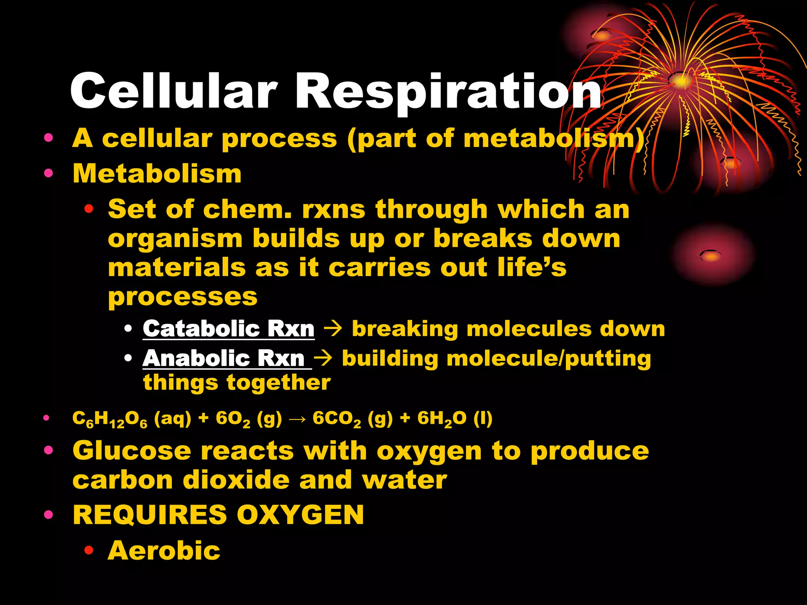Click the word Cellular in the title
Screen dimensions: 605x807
(x=173, y=91)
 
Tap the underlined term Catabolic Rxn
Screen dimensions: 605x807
(x=229, y=328)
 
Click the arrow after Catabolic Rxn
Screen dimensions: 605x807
(x=334, y=328)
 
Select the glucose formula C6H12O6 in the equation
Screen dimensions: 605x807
(x=110, y=419)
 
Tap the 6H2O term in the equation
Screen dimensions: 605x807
(x=442, y=419)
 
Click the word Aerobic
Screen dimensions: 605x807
(x=164, y=550)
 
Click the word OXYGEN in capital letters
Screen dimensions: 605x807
(x=300, y=515)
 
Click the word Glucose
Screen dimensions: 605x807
(x=132, y=451)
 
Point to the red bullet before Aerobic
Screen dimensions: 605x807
(x=89, y=550)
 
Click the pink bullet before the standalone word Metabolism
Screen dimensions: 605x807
(x=48, y=173)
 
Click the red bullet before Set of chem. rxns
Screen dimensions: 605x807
(x=89, y=209)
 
